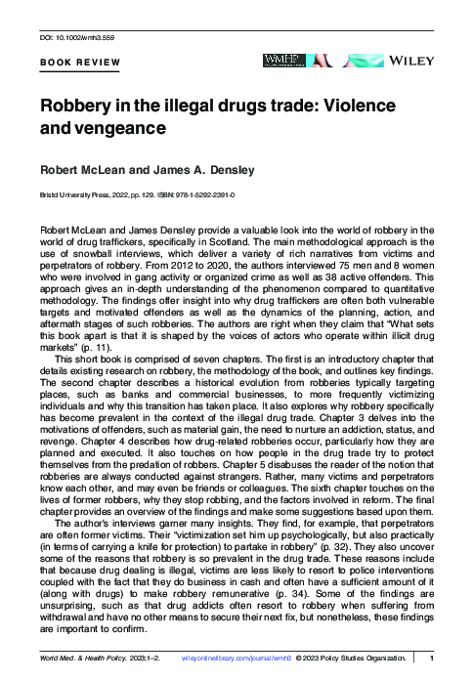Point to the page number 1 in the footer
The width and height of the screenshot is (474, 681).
431,660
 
